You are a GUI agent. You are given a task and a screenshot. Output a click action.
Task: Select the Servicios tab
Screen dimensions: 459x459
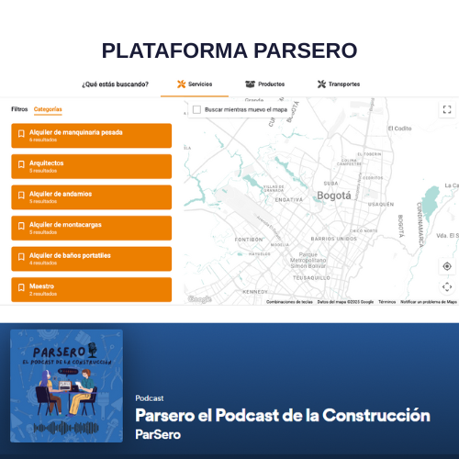click(195, 84)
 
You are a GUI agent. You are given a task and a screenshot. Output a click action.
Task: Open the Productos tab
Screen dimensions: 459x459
click(264, 84)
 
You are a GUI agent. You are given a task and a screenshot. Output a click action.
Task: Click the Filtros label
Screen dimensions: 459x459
click(19, 109)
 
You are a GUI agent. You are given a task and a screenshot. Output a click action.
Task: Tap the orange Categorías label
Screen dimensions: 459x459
click(48, 109)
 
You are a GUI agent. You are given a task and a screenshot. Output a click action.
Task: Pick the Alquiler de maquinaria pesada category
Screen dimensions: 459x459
click(92, 135)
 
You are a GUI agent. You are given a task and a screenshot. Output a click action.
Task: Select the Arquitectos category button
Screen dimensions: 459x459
click(92, 166)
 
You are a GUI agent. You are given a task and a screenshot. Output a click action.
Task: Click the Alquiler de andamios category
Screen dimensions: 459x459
click(92, 196)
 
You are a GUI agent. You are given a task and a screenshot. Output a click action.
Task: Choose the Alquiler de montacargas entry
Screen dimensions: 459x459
click(92, 228)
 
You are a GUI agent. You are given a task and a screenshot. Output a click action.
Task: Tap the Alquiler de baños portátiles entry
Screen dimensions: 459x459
click(92, 258)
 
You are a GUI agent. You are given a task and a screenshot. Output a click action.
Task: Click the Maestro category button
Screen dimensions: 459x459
click(92, 289)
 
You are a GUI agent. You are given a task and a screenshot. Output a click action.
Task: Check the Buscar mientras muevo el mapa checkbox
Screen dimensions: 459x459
click(196, 109)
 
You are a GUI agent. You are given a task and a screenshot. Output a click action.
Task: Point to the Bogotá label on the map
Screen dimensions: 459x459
click(333, 195)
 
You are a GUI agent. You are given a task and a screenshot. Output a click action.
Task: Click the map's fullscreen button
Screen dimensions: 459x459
click(447, 109)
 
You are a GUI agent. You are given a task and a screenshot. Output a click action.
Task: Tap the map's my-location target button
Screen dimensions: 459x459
click(447, 266)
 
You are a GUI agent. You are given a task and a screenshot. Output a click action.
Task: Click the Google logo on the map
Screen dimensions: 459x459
click(199, 299)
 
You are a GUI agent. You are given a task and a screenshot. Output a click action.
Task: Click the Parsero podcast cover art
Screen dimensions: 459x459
click(66, 386)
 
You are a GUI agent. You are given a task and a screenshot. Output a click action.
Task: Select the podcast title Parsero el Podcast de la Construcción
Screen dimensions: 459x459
click(282, 415)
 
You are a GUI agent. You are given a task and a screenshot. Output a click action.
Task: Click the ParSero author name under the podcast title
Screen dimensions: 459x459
click(157, 434)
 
